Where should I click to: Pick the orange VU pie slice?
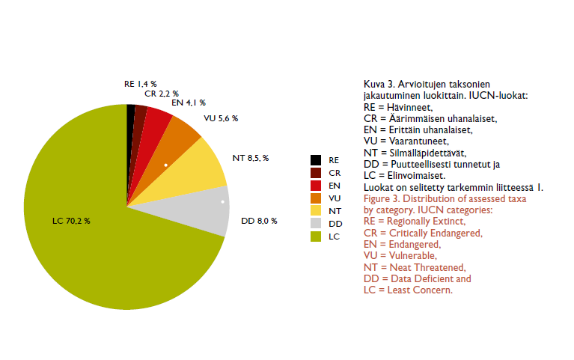click(179, 142)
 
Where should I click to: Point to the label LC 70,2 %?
click(71, 222)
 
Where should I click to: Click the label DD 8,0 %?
click(259, 222)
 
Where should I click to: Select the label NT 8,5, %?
click(251, 158)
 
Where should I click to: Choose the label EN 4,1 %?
click(189, 103)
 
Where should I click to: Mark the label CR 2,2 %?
click(162, 94)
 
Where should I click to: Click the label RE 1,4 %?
click(141, 84)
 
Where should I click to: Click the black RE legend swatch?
click(316, 159)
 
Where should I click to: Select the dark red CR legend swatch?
click(316, 172)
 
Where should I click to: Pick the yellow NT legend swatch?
click(316, 211)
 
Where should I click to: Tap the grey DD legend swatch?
click(316, 224)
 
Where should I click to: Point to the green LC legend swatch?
click(316, 237)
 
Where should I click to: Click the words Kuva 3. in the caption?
click(379, 83)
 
